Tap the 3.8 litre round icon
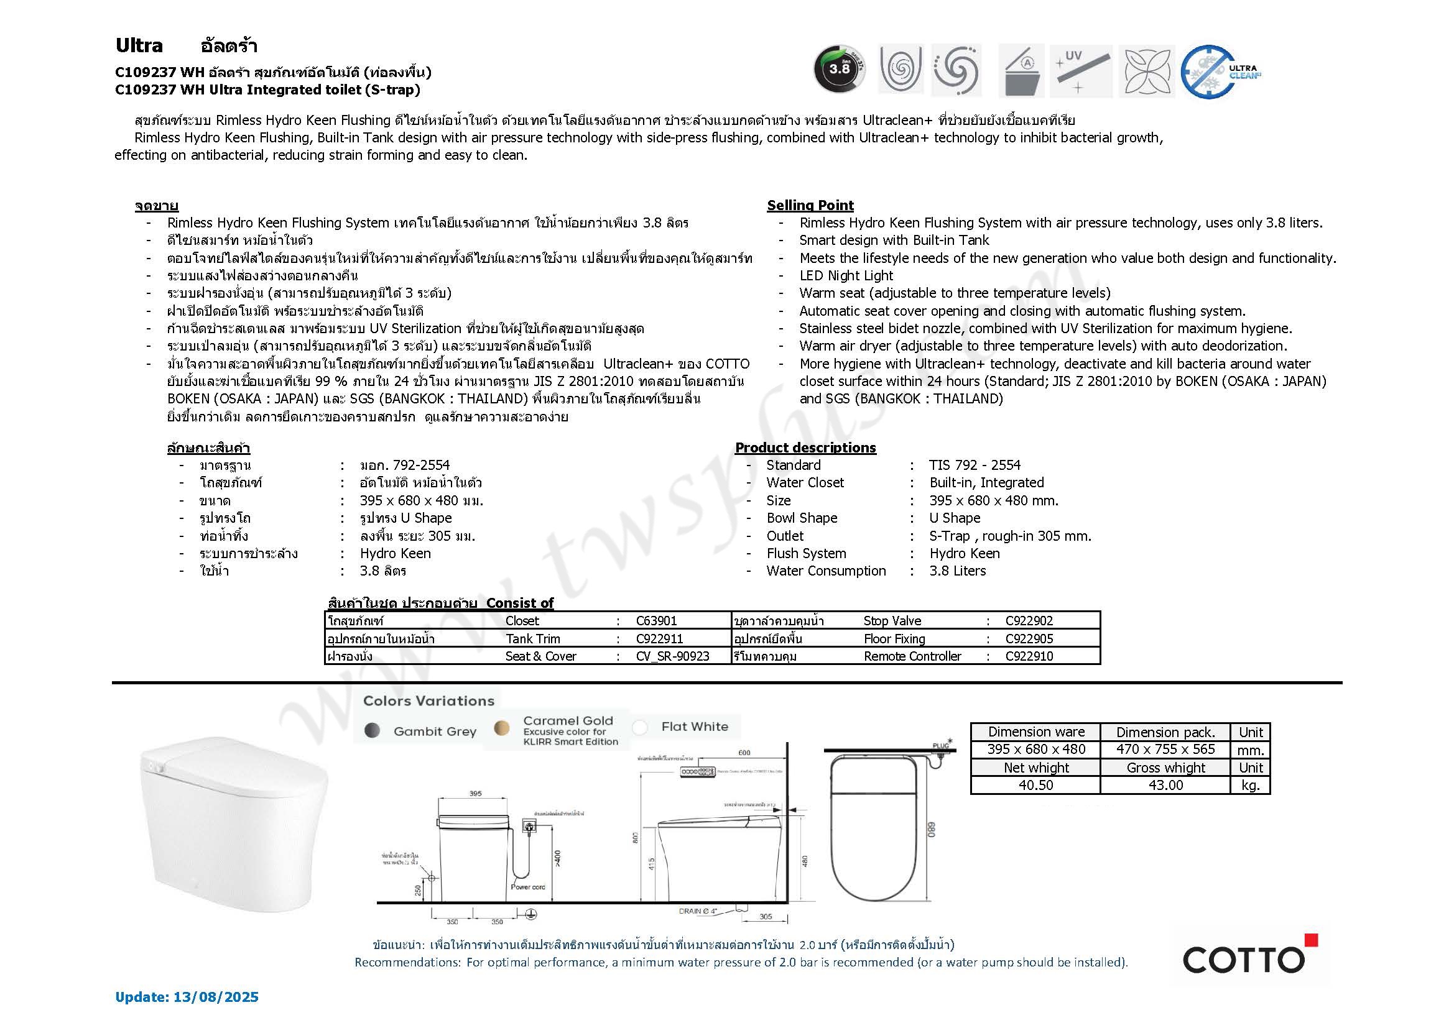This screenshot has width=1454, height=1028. (x=839, y=70)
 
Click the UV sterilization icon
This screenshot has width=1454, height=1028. (x=1080, y=70)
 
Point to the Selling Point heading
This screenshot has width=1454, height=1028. (x=810, y=205)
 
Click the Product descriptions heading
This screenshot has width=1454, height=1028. (x=805, y=447)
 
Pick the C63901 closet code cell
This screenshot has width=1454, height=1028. (x=656, y=621)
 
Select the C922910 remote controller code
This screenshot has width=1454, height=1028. (x=1029, y=656)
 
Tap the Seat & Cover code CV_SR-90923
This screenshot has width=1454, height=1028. (x=672, y=656)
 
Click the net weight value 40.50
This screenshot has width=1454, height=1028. (x=1036, y=785)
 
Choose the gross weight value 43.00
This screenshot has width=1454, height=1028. (x=1165, y=785)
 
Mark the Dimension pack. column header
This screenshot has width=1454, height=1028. (x=1165, y=732)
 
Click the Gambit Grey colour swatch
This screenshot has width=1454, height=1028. (x=373, y=731)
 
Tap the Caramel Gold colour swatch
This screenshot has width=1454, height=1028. (x=501, y=728)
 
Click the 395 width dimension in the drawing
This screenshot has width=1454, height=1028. (x=475, y=794)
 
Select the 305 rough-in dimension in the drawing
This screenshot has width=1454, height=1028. (x=765, y=917)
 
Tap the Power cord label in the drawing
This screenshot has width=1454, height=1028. (x=527, y=887)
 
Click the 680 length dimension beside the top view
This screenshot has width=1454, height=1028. (x=931, y=829)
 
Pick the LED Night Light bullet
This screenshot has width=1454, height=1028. (x=846, y=275)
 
